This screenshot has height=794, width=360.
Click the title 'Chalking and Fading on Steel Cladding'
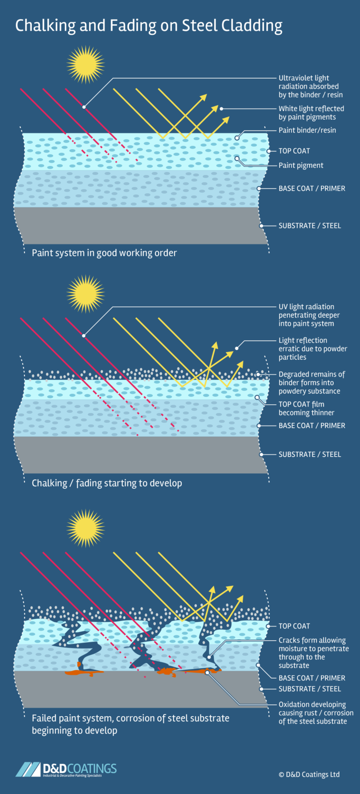pyautogui.click(x=149, y=25)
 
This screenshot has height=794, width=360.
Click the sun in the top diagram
pyautogui.click(x=85, y=65)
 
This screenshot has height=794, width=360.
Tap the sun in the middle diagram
pyautogui.click(x=85, y=294)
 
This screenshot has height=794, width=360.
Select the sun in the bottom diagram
pyautogui.click(x=85, y=528)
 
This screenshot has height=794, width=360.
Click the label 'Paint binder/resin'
pyautogui.click(x=307, y=130)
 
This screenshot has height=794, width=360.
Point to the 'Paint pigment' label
pyautogui.click(x=300, y=166)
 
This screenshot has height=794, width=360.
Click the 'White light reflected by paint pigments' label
pyautogui.click(x=311, y=113)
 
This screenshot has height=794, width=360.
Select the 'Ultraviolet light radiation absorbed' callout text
pyautogui.click(x=310, y=86)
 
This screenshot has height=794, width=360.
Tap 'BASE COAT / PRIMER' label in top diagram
pyautogui.click(x=312, y=189)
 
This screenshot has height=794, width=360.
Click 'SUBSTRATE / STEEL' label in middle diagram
pyautogui.click(x=309, y=454)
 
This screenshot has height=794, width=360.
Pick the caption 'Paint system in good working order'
pyautogui.click(x=104, y=253)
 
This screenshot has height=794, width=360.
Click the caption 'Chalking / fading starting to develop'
pyautogui.click(x=107, y=483)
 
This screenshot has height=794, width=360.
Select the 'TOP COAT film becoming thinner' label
pyautogui.click(x=306, y=408)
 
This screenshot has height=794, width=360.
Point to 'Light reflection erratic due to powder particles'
pyautogui.click(x=313, y=349)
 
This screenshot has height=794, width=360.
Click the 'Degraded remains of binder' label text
pyautogui.click(x=311, y=383)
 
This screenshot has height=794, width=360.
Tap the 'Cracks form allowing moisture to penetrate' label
pyautogui.click(x=313, y=653)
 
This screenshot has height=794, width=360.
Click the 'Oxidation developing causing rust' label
pyautogui.click(x=315, y=713)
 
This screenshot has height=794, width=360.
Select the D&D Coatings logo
pyautogui.click(x=66, y=769)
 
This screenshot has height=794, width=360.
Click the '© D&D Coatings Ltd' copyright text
pyautogui.click(x=309, y=775)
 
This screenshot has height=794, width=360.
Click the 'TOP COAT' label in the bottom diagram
pyautogui.click(x=294, y=626)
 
